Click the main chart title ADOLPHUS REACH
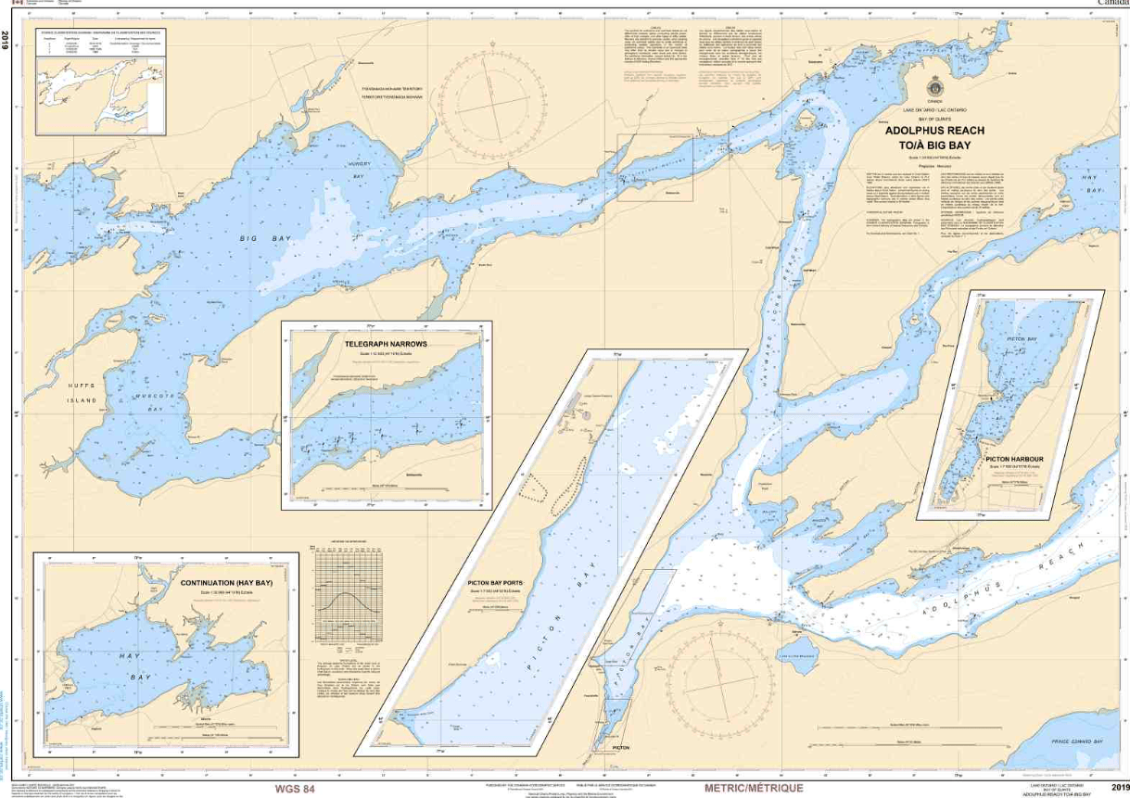tap(933, 132)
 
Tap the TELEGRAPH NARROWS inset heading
tap(385, 343)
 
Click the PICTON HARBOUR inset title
tap(1015, 459)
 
